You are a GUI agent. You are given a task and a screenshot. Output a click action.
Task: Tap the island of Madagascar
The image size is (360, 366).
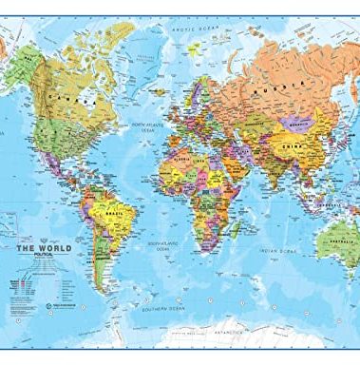234,246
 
